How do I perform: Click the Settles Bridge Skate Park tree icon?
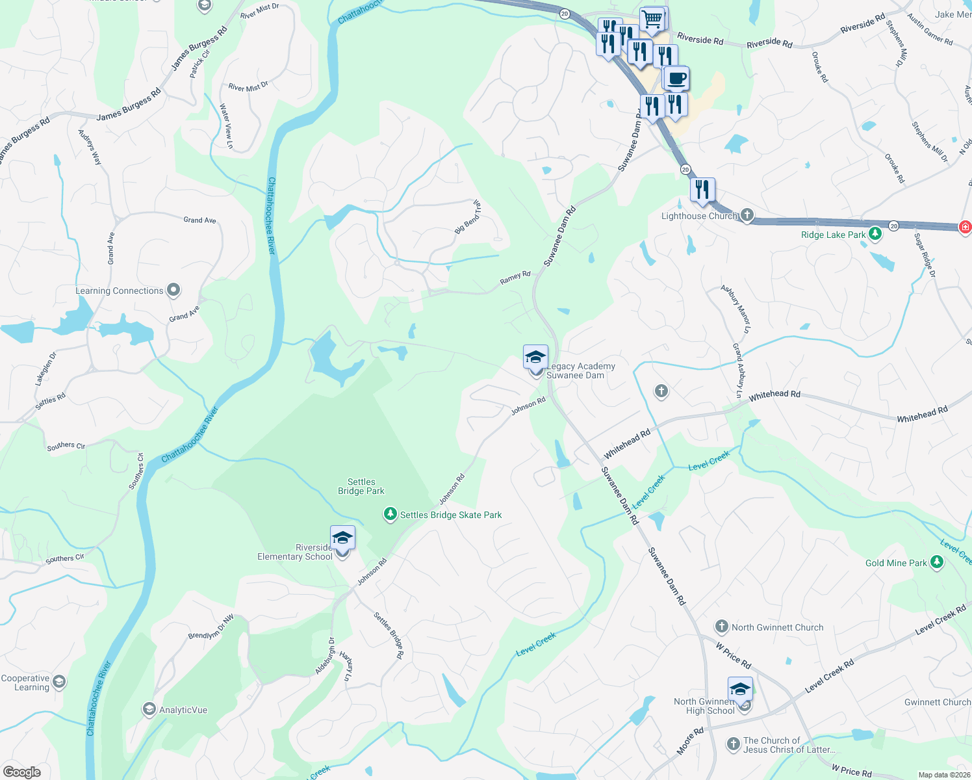(x=390, y=515)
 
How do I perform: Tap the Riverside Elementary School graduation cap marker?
(x=342, y=539)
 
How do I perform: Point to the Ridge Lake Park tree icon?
(x=875, y=234)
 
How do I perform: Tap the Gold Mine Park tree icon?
(x=936, y=562)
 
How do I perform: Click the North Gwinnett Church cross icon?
(x=721, y=627)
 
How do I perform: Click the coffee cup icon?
(x=676, y=79)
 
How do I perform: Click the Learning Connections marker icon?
(x=173, y=290)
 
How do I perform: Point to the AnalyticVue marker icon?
(x=149, y=709)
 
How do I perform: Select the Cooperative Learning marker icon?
(x=59, y=681)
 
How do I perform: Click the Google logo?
(x=22, y=772)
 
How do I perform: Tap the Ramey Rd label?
(x=515, y=278)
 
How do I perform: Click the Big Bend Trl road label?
(x=468, y=217)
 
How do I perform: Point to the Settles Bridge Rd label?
(x=389, y=635)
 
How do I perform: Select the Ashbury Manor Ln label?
(x=735, y=309)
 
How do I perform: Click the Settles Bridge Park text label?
(x=361, y=486)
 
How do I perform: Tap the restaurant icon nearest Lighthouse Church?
(x=702, y=190)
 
